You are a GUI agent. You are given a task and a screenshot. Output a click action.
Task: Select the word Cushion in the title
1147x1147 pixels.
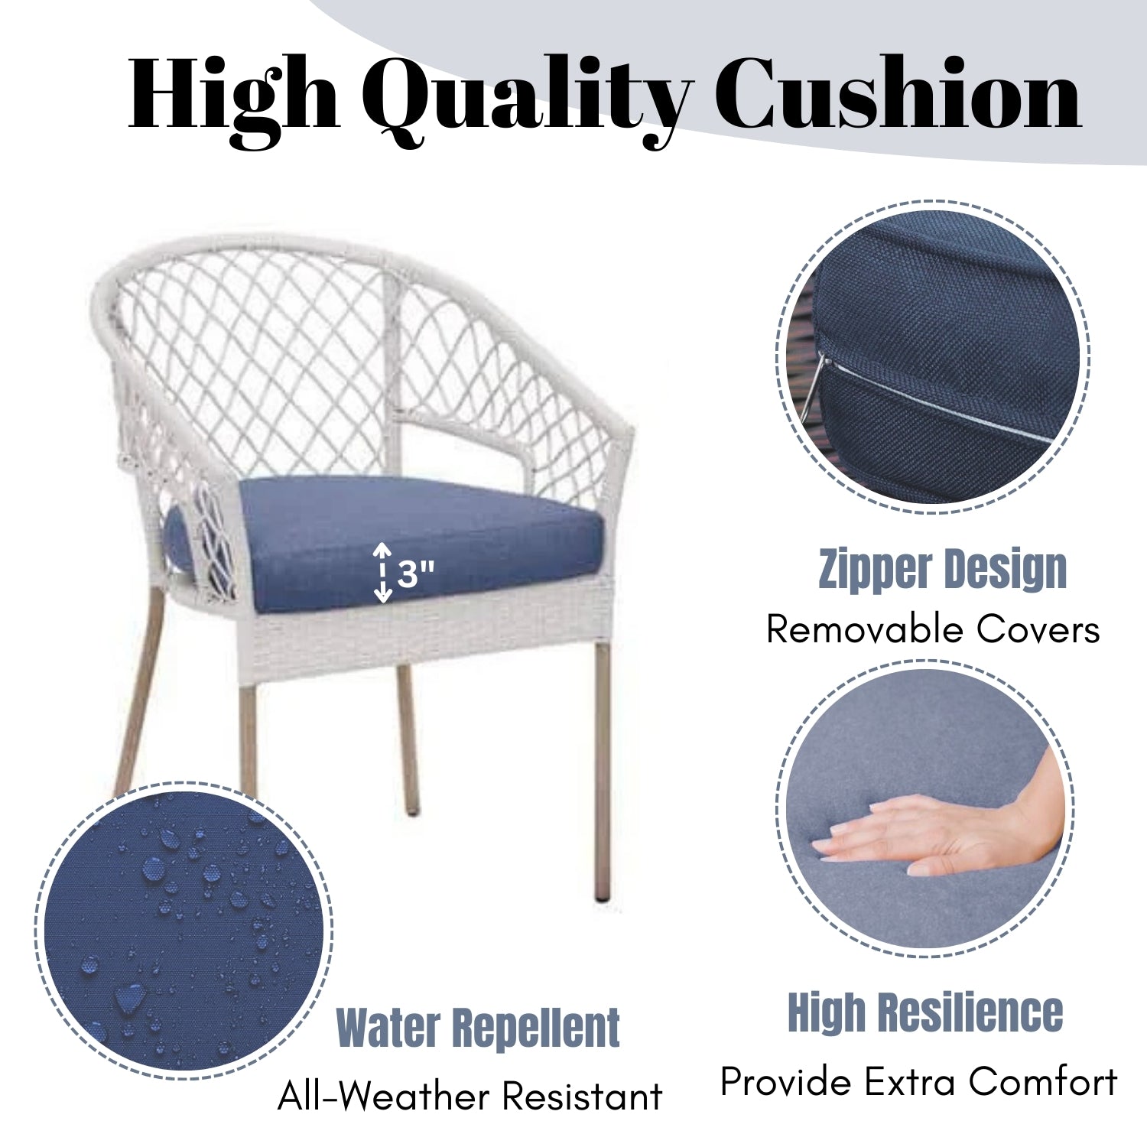coord(898,93)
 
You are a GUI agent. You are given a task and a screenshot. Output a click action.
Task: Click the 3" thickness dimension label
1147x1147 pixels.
coord(416,573)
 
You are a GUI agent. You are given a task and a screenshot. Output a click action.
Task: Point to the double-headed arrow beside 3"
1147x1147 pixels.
coord(382,573)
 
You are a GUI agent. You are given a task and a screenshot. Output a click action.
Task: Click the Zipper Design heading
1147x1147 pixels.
coord(942,570)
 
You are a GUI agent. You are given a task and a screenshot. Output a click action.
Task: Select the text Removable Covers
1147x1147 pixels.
coord(933,630)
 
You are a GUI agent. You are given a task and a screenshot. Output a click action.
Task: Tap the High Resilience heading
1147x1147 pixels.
coord(925,1012)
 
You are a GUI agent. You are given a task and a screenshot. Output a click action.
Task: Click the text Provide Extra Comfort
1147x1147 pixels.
coord(918,1083)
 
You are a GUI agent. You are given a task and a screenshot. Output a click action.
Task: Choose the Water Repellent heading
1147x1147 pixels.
coord(478,1028)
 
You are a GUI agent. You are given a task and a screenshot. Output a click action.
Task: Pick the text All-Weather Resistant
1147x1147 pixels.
coord(470,1097)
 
